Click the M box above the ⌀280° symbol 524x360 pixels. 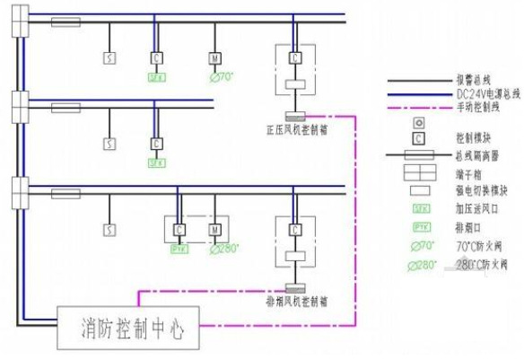coord(214,230)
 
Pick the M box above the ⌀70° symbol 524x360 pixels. coord(214,57)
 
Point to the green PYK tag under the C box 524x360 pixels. coord(178,249)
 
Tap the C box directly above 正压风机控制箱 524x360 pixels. coord(294,57)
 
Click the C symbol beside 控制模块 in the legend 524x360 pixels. coord(418,139)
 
